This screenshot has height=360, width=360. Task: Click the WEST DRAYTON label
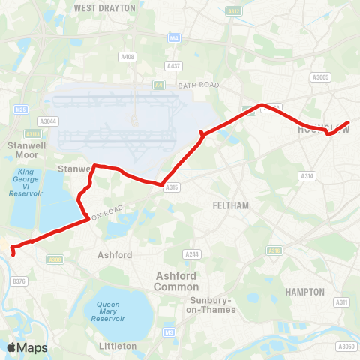point(105,7)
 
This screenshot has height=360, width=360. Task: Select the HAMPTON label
point(305,291)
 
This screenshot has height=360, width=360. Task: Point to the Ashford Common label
point(176,281)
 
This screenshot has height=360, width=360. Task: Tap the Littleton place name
point(117,346)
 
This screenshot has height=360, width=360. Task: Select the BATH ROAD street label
point(199,85)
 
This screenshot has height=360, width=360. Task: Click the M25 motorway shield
point(20,109)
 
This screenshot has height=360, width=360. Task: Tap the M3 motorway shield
point(169,331)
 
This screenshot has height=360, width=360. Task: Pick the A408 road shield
point(127,56)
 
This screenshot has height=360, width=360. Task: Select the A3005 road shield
point(320,76)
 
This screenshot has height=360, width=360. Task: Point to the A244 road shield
point(193,253)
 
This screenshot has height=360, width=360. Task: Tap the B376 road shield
point(20,281)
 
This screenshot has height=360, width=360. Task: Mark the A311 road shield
point(343,301)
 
